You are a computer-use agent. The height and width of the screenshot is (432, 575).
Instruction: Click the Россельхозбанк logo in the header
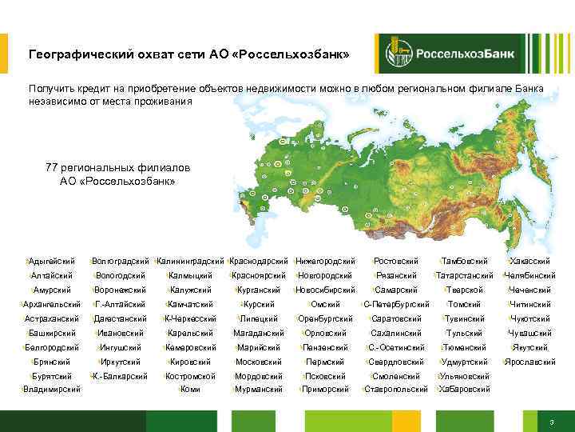coord(451,54)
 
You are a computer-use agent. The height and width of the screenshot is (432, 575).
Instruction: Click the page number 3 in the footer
coord(552,422)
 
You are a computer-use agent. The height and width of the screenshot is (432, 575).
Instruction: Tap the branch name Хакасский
coord(529,262)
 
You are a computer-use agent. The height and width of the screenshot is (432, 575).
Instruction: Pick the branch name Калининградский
coord(191,262)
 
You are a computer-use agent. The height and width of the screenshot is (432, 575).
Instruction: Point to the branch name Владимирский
coord(52,390)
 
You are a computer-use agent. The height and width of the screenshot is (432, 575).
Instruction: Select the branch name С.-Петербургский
coord(397,304)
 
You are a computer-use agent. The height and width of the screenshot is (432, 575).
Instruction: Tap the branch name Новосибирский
coord(325,290)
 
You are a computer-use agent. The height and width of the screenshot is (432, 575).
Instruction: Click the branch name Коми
coord(190,390)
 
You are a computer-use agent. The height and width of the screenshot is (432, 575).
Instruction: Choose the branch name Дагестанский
coord(121,318)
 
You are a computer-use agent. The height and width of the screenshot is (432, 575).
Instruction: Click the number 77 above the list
coord(52,167)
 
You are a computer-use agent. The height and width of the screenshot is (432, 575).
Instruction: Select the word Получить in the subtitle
coord(50,88)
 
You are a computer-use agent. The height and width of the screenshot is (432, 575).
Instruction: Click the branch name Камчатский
coord(190,304)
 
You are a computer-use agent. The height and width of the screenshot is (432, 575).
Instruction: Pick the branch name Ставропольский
coord(396,390)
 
